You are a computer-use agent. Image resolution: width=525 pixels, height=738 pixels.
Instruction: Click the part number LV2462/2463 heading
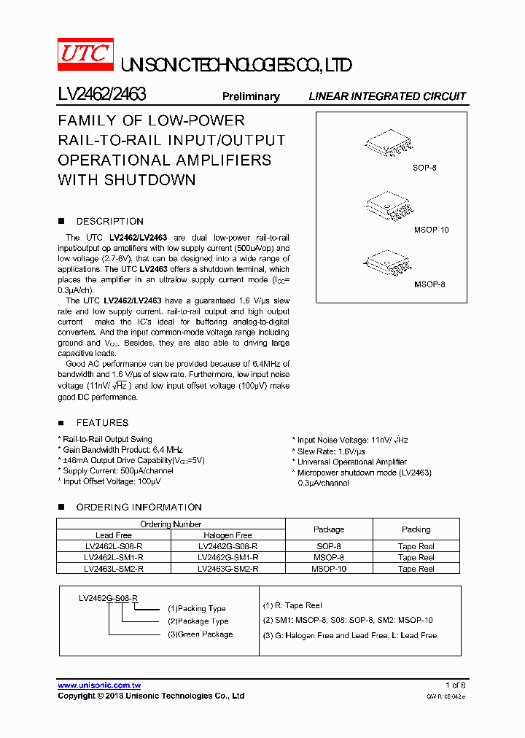pos(102,95)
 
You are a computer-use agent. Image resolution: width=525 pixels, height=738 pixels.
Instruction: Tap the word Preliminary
pos(251,96)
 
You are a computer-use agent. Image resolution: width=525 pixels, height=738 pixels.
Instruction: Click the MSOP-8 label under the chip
pos(429,284)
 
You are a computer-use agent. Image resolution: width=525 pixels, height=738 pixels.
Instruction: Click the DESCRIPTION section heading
pos(109,221)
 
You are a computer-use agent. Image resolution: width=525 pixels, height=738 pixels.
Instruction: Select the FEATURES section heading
pos(102,422)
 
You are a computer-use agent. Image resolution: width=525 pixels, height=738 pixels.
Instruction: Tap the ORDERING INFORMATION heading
pos(139,507)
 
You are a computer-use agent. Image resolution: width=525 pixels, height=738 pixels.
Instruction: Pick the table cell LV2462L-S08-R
pos(114,546)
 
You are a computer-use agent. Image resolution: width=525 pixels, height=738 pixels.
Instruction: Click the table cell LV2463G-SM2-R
pos(227,568)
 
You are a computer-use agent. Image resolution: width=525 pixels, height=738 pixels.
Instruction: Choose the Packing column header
pos(416,529)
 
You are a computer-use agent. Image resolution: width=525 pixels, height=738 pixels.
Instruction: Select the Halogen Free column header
pos(227,535)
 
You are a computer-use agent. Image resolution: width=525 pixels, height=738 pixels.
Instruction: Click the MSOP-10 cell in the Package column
pos(328,568)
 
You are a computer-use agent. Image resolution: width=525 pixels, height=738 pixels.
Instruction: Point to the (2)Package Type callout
pos(198,621)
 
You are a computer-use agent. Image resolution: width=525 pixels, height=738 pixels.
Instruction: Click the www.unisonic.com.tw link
pos(99,685)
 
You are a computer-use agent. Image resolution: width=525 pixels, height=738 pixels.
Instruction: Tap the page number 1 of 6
pos(455,685)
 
